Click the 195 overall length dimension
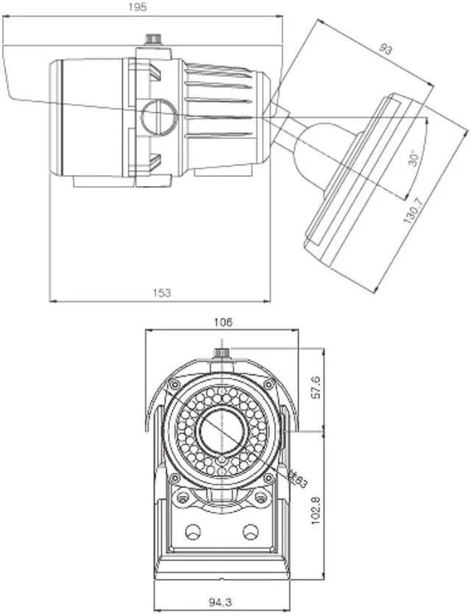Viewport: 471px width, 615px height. point(138,7)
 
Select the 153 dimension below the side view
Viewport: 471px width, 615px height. point(162,293)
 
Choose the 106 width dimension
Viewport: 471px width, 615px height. point(223,322)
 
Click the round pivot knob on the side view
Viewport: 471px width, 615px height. point(159,115)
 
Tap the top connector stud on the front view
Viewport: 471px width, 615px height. point(222,353)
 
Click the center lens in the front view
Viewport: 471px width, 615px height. point(222,430)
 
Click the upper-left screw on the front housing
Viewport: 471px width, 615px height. point(174,385)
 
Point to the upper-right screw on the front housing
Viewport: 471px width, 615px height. point(269,385)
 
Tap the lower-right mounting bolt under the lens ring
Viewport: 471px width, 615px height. point(260,497)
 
